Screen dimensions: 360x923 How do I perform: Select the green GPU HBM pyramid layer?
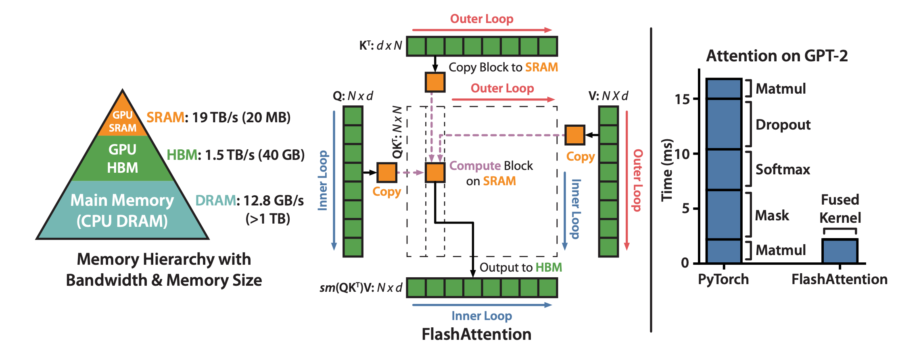[123, 158]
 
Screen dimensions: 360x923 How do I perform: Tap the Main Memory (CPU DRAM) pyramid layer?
[122, 210]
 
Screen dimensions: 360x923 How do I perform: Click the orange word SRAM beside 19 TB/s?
[165, 117]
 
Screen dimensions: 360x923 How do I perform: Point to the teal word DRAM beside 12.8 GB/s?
[215, 201]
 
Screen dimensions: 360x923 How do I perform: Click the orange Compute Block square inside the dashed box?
[435, 173]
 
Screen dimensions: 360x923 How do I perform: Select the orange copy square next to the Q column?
[386, 173]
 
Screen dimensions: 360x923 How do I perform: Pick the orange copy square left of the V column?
[574, 135]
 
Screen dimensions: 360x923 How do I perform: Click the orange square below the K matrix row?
[435, 82]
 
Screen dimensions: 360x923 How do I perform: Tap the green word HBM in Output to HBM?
[549, 268]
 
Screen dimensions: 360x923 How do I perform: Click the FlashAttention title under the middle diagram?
[476, 334]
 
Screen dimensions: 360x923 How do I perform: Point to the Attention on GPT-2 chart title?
[777, 56]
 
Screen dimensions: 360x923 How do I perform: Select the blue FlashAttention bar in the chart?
[840, 251]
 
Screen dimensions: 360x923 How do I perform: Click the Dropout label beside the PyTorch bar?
[783, 125]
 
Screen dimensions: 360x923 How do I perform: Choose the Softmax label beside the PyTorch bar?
[783, 170]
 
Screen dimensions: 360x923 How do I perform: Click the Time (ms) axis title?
[667, 170]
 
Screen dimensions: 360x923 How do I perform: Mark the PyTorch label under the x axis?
[723, 279]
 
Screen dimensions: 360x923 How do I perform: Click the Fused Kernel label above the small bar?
[840, 209]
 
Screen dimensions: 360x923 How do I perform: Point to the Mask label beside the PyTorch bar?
[772, 216]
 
